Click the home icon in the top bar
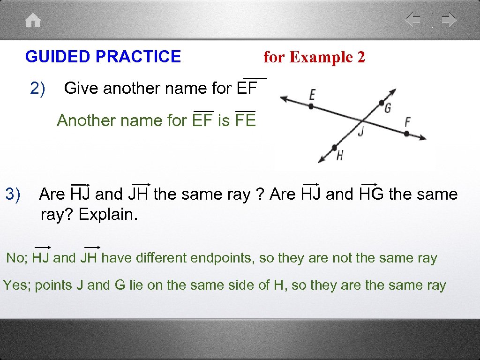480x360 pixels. click(x=33, y=20)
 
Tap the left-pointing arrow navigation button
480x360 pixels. click(x=413, y=20)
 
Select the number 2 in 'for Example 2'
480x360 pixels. click(x=360, y=57)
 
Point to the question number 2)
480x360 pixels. click(x=37, y=88)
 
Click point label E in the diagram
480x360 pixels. click(x=312, y=95)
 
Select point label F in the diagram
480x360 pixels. click(x=407, y=122)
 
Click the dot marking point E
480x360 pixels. click(x=311, y=106)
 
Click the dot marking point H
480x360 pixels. click(x=335, y=147)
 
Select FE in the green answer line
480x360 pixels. click(x=246, y=120)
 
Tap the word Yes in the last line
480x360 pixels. click(x=16, y=285)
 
